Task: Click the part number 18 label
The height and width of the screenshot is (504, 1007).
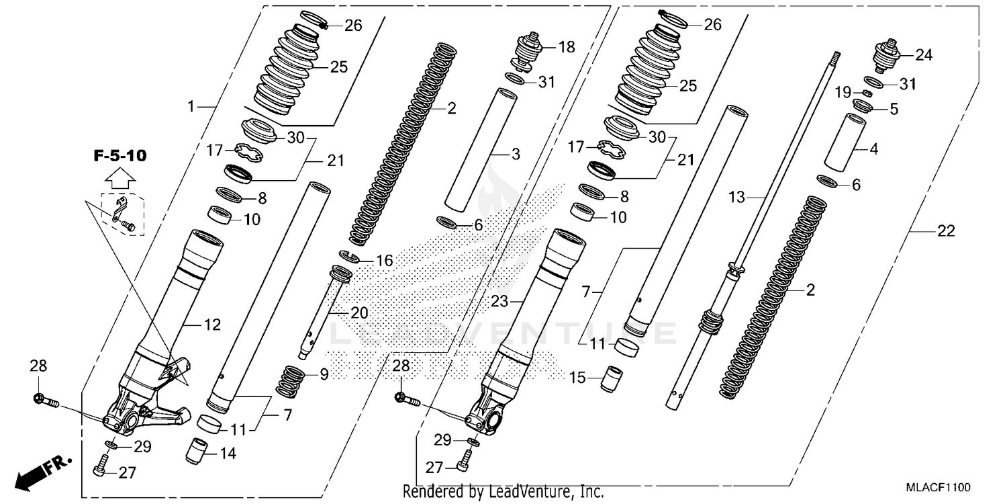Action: pyautogui.click(x=567, y=47)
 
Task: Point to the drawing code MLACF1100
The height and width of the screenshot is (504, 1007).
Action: pyautogui.click(x=937, y=487)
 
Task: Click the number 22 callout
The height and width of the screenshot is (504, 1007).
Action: pyautogui.click(x=945, y=231)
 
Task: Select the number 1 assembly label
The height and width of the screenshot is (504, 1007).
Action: pyautogui.click(x=191, y=106)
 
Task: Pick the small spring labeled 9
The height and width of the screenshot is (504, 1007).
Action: pyautogui.click(x=291, y=380)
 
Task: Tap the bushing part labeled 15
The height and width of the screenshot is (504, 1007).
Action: pyautogui.click(x=611, y=378)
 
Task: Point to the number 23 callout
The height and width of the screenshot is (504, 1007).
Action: pyautogui.click(x=499, y=302)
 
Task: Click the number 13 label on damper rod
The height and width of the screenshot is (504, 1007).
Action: pyautogui.click(x=737, y=198)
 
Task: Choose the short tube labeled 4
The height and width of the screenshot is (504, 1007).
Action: pyautogui.click(x=845, y=144)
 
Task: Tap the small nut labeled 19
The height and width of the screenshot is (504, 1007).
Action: pyautogui.click(x=866, y=92)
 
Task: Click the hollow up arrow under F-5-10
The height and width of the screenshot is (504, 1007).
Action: pyautogui.click(x=118, y=179)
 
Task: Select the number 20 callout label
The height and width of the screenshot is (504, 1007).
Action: pyautogui.click(x=360, y=314)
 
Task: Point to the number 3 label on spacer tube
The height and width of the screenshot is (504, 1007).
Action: pyautogui.click(x=515, y=155)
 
